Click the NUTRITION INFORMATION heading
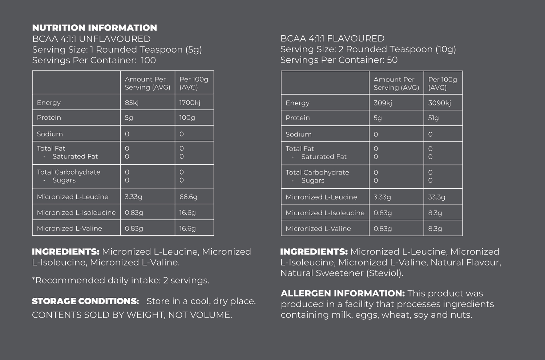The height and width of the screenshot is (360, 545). [94, 28]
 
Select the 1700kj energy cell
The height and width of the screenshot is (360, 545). [190, 103]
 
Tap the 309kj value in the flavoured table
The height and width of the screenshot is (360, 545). [383, 103]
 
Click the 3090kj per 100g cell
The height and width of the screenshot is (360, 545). [439, 103]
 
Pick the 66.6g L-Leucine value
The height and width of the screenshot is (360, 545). [188, 197]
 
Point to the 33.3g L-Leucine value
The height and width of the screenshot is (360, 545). [436, 197]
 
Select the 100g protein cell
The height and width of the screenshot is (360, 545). [187, 117]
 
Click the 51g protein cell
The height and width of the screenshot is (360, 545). [433, 118]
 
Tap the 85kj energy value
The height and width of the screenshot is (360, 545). [132, 103]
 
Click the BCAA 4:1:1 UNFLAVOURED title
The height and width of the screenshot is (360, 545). [91, 39]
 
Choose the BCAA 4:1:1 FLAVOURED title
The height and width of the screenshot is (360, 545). [332, 39]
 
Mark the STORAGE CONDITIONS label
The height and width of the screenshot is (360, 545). [85, 301]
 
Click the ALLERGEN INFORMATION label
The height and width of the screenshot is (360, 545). [342, 293]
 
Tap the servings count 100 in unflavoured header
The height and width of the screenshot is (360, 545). [148, 60]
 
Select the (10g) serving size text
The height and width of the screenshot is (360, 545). [445, 49]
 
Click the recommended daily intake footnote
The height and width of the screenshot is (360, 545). [121, 280]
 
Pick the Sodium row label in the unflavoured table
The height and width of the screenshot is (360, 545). [50, 134]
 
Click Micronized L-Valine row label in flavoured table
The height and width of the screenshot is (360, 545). [318, 229]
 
